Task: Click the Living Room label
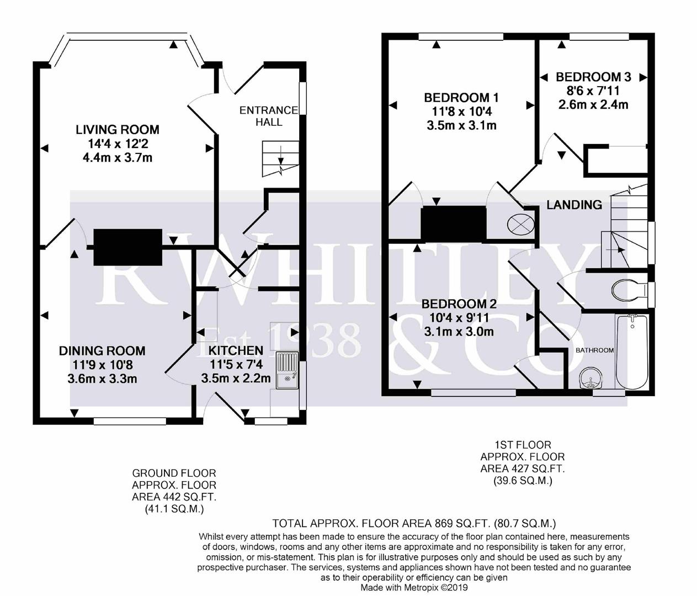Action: point(118,130)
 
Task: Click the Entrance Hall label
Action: point(269,116)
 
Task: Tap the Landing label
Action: point(574,205)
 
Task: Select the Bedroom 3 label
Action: point(593,77)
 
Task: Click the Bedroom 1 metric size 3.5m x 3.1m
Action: point(461,125)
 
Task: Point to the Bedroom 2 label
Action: point(459,304)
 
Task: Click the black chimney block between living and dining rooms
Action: point(128,247)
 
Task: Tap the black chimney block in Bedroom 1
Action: point(454,224)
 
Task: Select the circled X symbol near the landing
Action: point(520,223)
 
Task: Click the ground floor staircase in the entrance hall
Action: point(280,159)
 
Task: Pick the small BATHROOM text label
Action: point(594,350)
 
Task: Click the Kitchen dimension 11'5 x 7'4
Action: point(236,364)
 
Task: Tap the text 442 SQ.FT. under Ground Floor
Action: point(174,497)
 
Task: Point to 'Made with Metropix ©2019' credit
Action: point(414,587)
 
